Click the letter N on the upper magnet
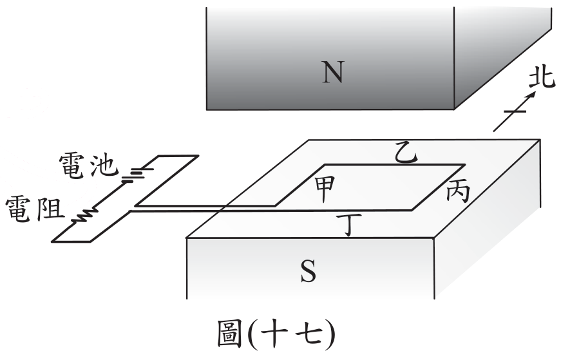tap(333, 72)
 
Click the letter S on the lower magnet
tap(308, 271)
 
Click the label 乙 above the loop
tap(405, 153)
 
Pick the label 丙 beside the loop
tap(458, 193)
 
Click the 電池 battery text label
tap(88, 166)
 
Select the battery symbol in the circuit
tap(136, 175)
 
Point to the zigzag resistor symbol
tap(84, 216)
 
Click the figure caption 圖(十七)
tap(276, 335)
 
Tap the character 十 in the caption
tap(275, 335)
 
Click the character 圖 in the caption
tap(229, 335)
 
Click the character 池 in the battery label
tap(104, 166)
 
